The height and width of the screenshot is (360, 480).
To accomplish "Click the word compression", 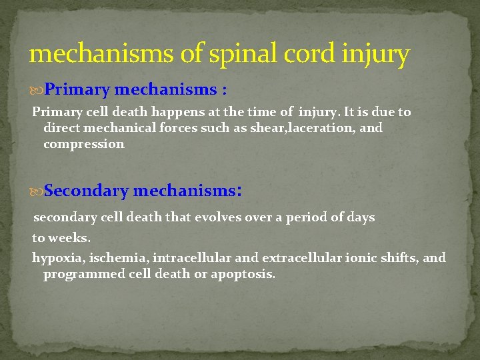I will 83,145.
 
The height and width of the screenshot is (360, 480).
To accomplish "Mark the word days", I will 361,217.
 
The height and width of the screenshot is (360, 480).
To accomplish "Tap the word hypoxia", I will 57,259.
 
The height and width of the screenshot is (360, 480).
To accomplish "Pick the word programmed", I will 81,275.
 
